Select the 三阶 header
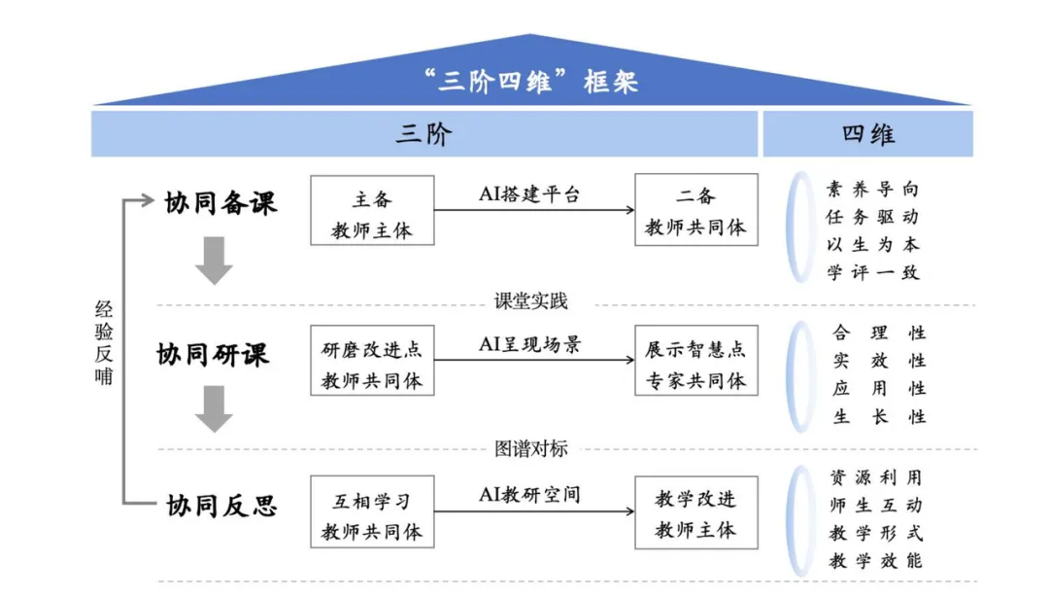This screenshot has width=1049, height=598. click(x=424, y=134)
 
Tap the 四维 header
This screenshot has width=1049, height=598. click(x=867, y=134)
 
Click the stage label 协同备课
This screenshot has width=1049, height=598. click(x=220, y=203)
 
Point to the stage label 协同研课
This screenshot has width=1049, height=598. click(x=213, y=354)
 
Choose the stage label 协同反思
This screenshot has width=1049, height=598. click(x=221, y=506)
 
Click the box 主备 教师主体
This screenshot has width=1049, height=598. click(x=372, y=210)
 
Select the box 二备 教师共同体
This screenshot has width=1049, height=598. click(x=695, y=210)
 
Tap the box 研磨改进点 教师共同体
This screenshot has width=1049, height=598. click(x=372, y=361)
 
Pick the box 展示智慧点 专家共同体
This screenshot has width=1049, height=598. click(x=695, y=361)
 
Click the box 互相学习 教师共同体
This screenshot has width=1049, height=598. click(x=372, y=511)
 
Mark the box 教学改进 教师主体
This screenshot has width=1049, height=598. click(x=695, y=512)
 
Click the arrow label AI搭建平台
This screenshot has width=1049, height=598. click(x=529, y=194)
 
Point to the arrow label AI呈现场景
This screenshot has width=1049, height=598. click(x=530, y=344)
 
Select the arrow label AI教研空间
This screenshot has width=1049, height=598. click(x=529, y=494)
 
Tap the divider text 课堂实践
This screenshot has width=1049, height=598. click(x=530, y=301)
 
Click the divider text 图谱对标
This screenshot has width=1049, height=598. click(x=530, y=448)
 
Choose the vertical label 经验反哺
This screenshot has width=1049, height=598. click(x=104, y=343)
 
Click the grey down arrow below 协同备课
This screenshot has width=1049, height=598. click(x=214, y=261)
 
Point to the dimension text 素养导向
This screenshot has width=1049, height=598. click(x=872, y=189)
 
